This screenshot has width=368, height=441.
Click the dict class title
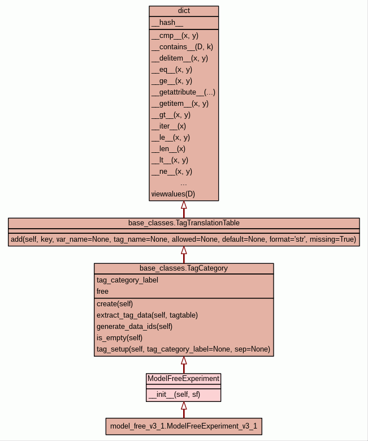(x=184, y=11)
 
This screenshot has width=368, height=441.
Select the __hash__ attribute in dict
(x=167, y=23)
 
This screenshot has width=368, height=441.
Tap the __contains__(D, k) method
(x=182, y=47)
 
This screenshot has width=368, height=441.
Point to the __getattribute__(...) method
(x=183, y=92)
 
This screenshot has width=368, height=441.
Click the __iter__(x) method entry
(x=168, y=126)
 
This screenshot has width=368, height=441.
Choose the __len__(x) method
(x=168, y=149)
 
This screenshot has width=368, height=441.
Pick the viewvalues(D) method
(x=173, y=194)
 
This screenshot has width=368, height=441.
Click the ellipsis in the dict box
(x=184, y=183)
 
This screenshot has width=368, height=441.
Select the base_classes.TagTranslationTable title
(x=184, y=222)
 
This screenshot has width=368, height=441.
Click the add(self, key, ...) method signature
(x=184, y=239)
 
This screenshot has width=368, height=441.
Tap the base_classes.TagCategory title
(x=184, y=268)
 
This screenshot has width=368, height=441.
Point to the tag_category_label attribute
(x=127, y=280)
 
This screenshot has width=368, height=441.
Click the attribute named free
(x=102, y=291)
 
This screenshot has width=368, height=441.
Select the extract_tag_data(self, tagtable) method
(x=147, y=315)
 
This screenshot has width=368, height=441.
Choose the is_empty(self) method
(x=119, y=337)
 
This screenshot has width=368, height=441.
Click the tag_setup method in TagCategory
(x=183, y=349)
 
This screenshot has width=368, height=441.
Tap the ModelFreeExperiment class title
(x=184, y=378)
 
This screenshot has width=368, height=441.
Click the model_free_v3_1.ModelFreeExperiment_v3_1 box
(x=184, y=426)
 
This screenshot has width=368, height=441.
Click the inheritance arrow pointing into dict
(x=184, y=205)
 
